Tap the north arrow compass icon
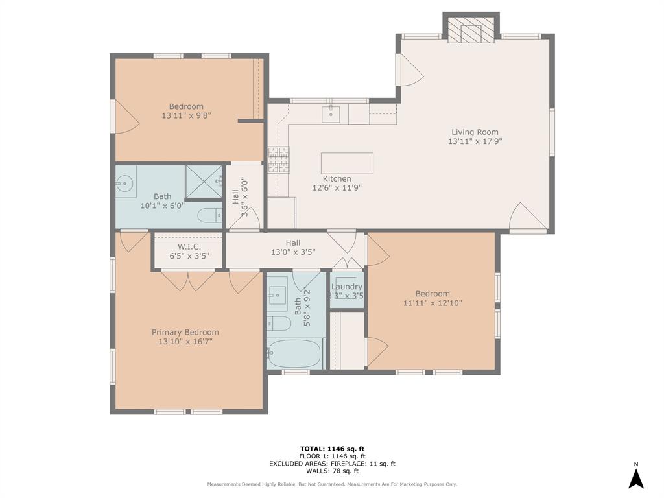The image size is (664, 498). tap(635, 478)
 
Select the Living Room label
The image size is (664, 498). tap(475, 132)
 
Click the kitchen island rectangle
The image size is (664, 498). tap(347, 163)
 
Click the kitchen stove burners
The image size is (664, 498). tap(279, 160)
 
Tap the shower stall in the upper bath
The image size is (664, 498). tap(204, 180)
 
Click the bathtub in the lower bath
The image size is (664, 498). tap(295, 353)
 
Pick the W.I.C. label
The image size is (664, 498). tap(189, 247)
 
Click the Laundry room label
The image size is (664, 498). tap(347, 287)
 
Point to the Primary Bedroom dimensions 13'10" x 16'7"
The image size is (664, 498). tap(185, 341)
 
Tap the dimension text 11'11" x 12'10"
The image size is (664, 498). tap(433, 302)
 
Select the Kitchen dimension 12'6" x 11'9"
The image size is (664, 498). tap(337, 188)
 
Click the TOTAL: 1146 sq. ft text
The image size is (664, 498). tap(332, 449)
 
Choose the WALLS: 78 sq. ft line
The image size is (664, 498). tap(332, 471)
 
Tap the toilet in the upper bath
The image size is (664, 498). tap(209, 216)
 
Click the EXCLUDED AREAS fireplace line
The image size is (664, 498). tap(332, 464)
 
